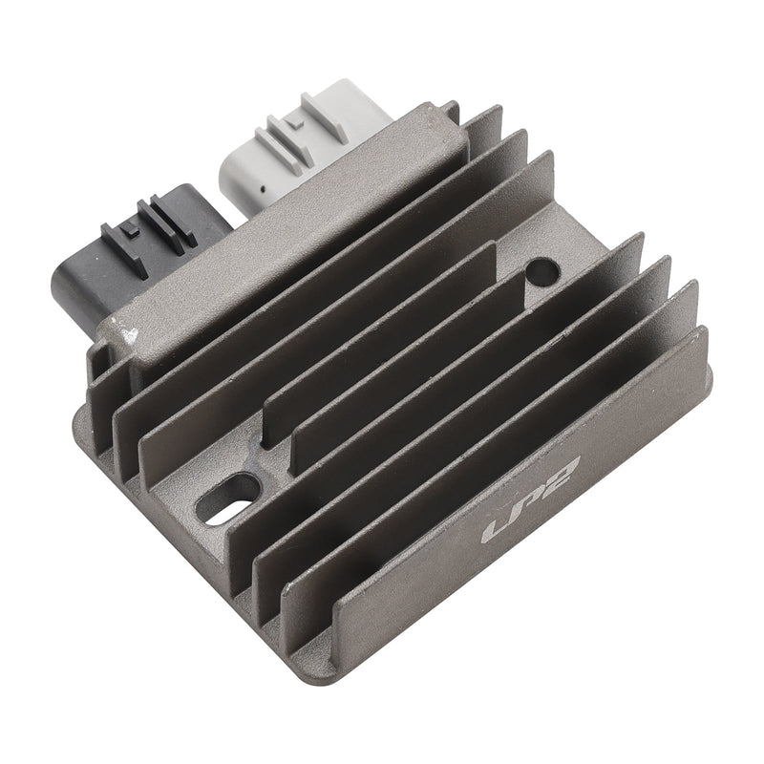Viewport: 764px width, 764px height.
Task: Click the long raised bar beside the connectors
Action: click(x=286, y=239)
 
